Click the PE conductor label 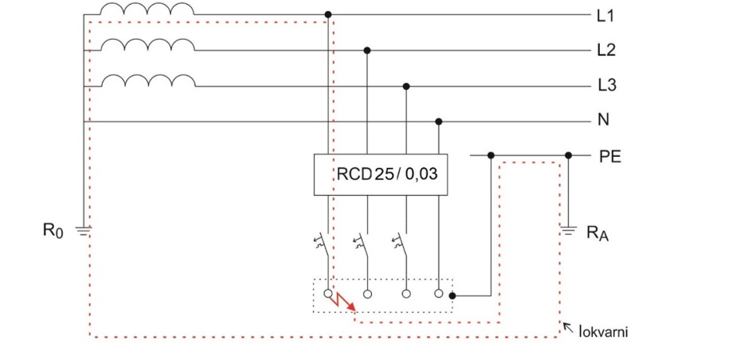pos(609,156)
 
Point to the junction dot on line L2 pos(367,50)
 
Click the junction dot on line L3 pos(406,85)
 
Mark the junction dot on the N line pos(438,121)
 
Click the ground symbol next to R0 pos(84,231)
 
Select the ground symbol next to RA pos(567,233)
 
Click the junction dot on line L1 pos(328,15)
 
